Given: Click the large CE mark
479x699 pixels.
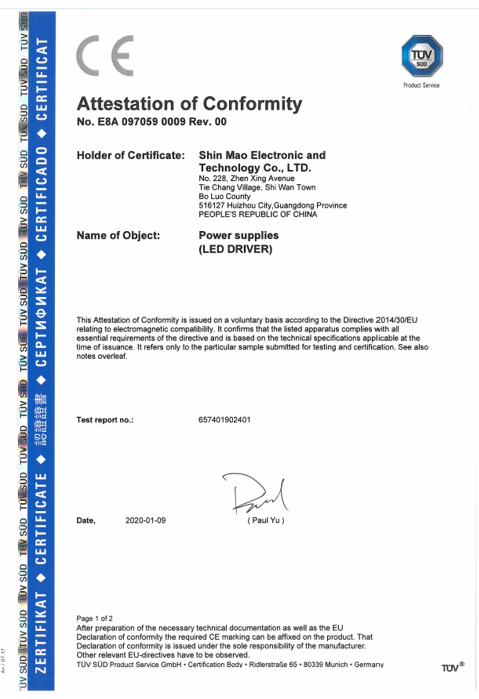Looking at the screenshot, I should [x=105, y=56].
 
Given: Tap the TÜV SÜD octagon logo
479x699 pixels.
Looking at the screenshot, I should [x=422, y=56].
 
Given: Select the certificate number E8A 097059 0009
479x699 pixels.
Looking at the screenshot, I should [x=141, y=122].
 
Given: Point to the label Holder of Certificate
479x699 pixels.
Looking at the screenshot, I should [x=130, y=155].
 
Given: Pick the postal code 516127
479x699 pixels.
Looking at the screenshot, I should [x=212, y=206].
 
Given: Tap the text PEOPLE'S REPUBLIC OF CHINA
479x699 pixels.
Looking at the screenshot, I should [x=258, y=214].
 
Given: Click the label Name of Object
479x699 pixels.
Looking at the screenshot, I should [x=118, y=235].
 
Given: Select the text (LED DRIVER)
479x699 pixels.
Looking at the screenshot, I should [x=235, y=249].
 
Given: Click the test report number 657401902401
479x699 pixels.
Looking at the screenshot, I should [x=224, y=419].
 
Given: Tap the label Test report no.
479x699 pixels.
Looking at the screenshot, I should [x=105, y=420].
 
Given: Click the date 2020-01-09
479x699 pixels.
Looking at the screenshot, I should [x=145, y=520].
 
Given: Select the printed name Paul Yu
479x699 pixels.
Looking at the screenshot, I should [x=266, y=520].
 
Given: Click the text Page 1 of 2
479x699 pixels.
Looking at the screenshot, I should [x=94, y=618].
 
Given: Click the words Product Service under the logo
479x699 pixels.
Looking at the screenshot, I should [x=421, y=85].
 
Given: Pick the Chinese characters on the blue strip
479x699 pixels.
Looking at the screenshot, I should [x=41, y=419].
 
